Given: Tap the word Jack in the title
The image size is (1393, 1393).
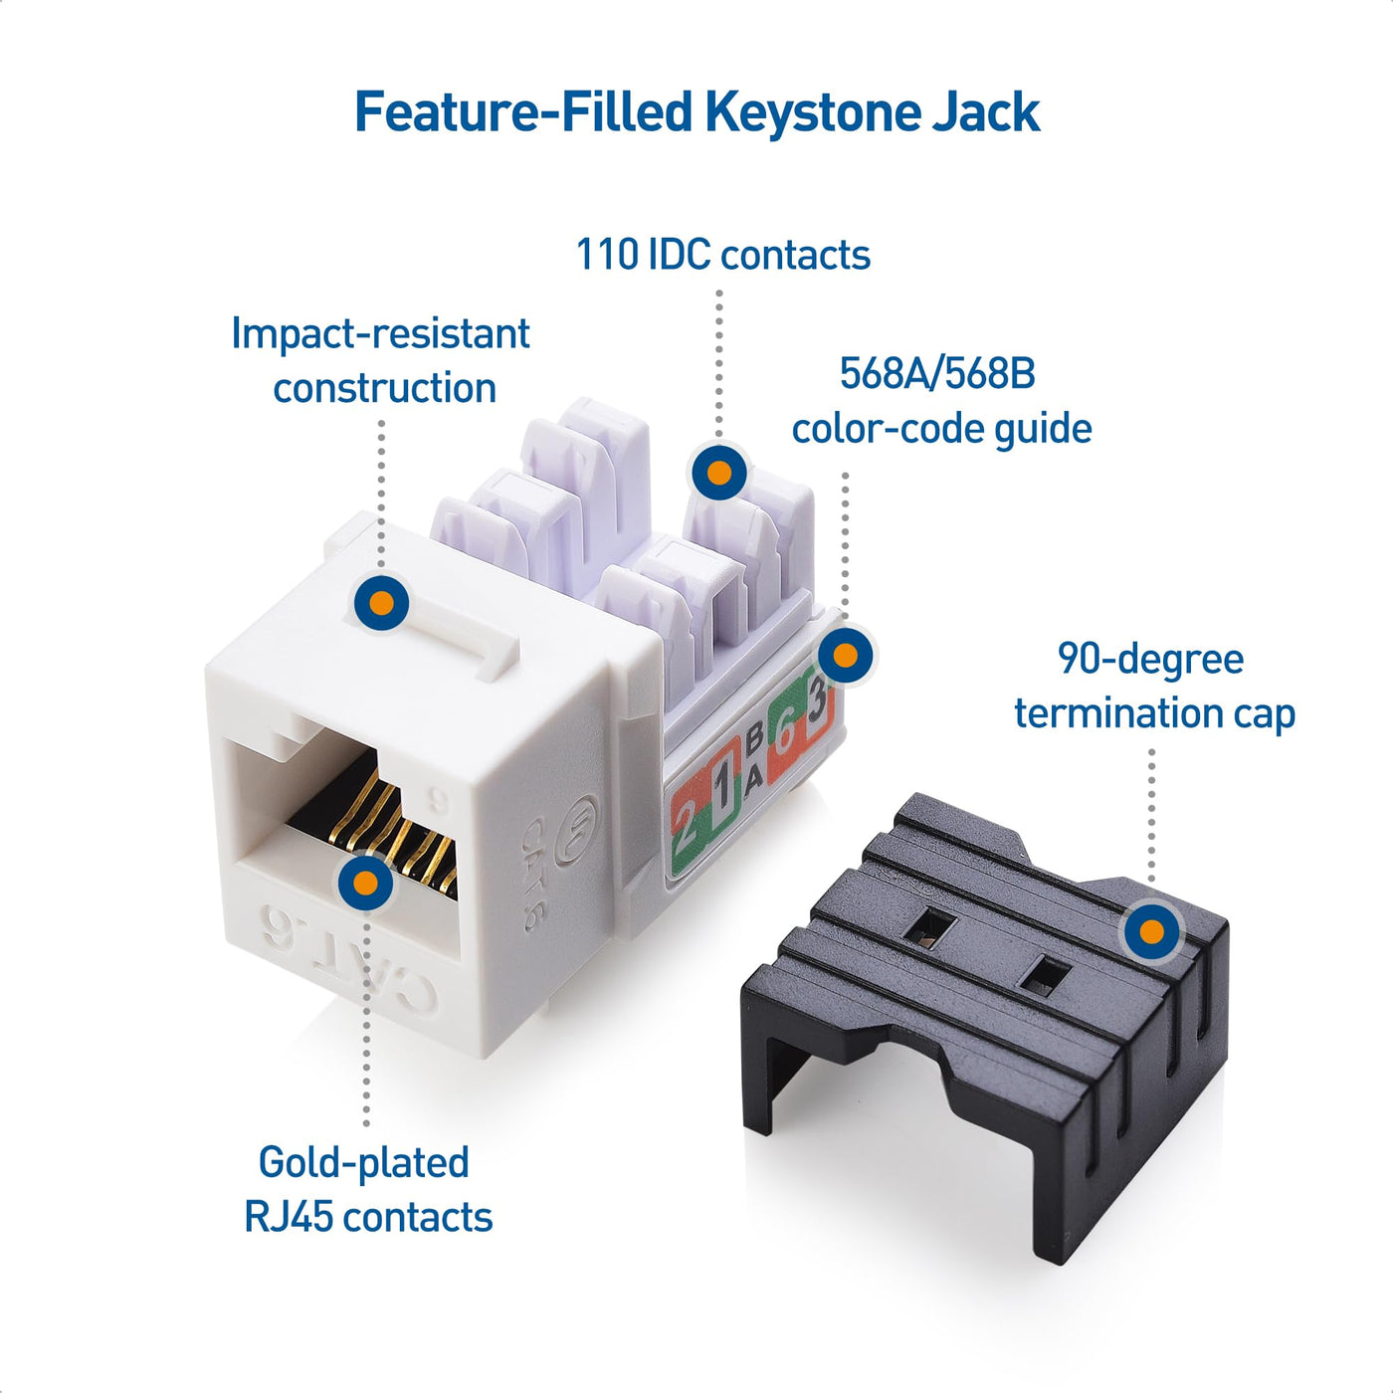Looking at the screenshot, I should tap(985, 111).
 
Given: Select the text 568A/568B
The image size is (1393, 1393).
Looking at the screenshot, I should tap(937, 374).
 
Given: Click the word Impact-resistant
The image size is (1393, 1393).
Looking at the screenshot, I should tap(380, 334).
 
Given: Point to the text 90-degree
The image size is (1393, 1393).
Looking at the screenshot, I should tap(1150, 660).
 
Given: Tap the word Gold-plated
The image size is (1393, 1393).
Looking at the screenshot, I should tap(363, 1162).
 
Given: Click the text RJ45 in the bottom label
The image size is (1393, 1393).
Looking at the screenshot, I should tap(289, 1217).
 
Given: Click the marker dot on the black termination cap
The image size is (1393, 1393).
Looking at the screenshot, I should tap(1151, 932).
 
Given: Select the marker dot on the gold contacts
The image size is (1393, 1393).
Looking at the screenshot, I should tap(365, 883).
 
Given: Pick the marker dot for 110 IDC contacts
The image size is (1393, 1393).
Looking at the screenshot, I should tap(718, 472).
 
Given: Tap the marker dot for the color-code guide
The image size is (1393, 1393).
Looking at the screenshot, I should tap(845, 656).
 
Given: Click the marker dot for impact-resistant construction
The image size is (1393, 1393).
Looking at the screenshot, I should tap(381, 603).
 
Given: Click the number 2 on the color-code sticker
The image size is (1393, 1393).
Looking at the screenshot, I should tap(686, 822).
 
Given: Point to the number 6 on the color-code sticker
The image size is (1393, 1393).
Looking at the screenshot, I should tap(785, 734).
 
